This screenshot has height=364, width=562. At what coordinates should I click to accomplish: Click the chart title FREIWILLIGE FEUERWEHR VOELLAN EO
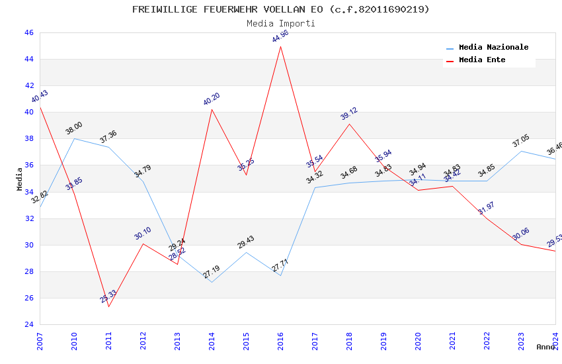point(280,9)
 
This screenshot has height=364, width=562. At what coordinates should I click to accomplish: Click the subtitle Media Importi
point(280,23)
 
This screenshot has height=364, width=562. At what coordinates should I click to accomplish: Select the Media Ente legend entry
point(482,60)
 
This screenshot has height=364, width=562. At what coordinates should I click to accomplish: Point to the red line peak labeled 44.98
point(280,46)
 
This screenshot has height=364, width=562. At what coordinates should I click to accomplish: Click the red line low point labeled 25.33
point(108,306)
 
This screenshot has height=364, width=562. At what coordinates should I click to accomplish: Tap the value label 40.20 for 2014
point(212,99)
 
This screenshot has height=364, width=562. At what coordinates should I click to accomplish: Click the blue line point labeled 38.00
point(74,138)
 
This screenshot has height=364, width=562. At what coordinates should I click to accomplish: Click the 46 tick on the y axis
point(28,32)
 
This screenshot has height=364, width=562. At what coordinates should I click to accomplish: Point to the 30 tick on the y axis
point(28,245)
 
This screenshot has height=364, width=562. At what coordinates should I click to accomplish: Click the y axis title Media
point(20,179)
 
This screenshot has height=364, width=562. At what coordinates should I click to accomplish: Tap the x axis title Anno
point(545,347)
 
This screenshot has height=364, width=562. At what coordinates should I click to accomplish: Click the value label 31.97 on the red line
point(487,208)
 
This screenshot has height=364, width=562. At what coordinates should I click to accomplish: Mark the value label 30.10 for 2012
point(143,233)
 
